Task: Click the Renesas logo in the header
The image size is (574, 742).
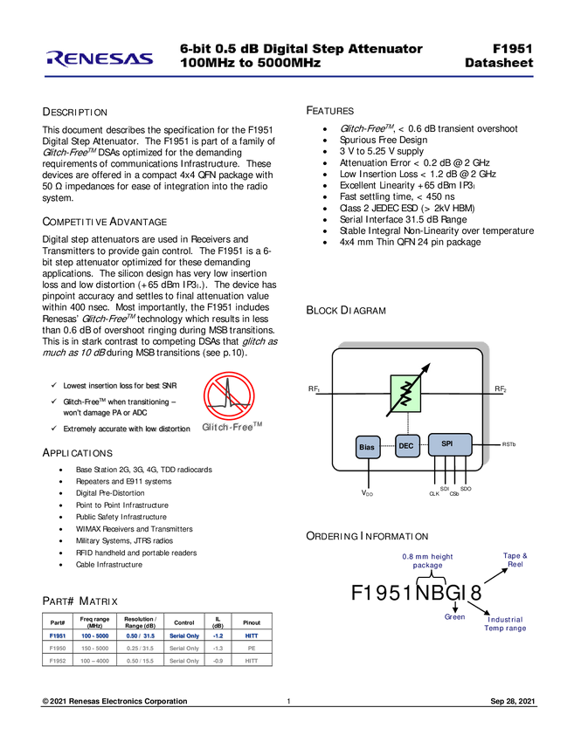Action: point(100,58)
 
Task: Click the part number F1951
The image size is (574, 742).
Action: point(513,49)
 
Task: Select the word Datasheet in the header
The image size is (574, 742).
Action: point(499,64)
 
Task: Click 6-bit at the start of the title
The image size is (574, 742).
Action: point(196,49)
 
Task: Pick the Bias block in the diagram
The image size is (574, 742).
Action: point(367,448)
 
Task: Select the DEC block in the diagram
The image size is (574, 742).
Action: point(406,446)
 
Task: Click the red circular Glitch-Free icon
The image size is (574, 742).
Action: point(229,395)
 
